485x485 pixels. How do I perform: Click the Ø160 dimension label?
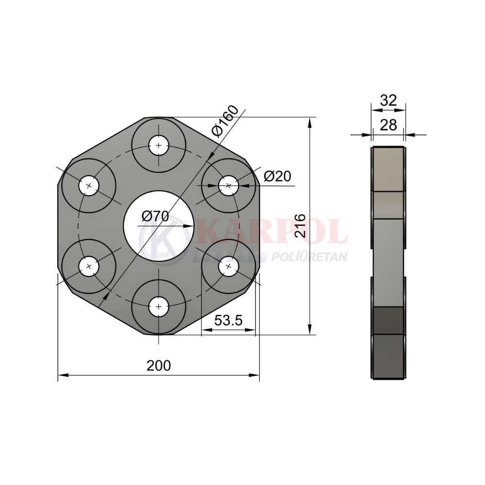pyautogui.click(x=226, y=121)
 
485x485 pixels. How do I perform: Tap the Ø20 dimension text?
pyautogui.click(x=277, y=177)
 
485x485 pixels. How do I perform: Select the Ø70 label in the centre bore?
pyautogui.click(x=155, y=216)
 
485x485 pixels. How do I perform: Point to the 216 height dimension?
pyautogui.click(x=300, y=226)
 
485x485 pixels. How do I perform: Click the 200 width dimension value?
pyautogui.click(x=159, y=366)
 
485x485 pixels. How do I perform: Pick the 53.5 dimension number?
pyautogui.click(x=228, y=321)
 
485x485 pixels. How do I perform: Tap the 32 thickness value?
pyautogui.click(x=388, y=100)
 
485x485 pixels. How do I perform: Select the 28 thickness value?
pyautogui.click(x=388, y=125)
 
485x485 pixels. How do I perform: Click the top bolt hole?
pyautogui.click(x=159, y=145)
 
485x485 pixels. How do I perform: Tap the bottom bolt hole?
pyautogui.click(x=159, y=307)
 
